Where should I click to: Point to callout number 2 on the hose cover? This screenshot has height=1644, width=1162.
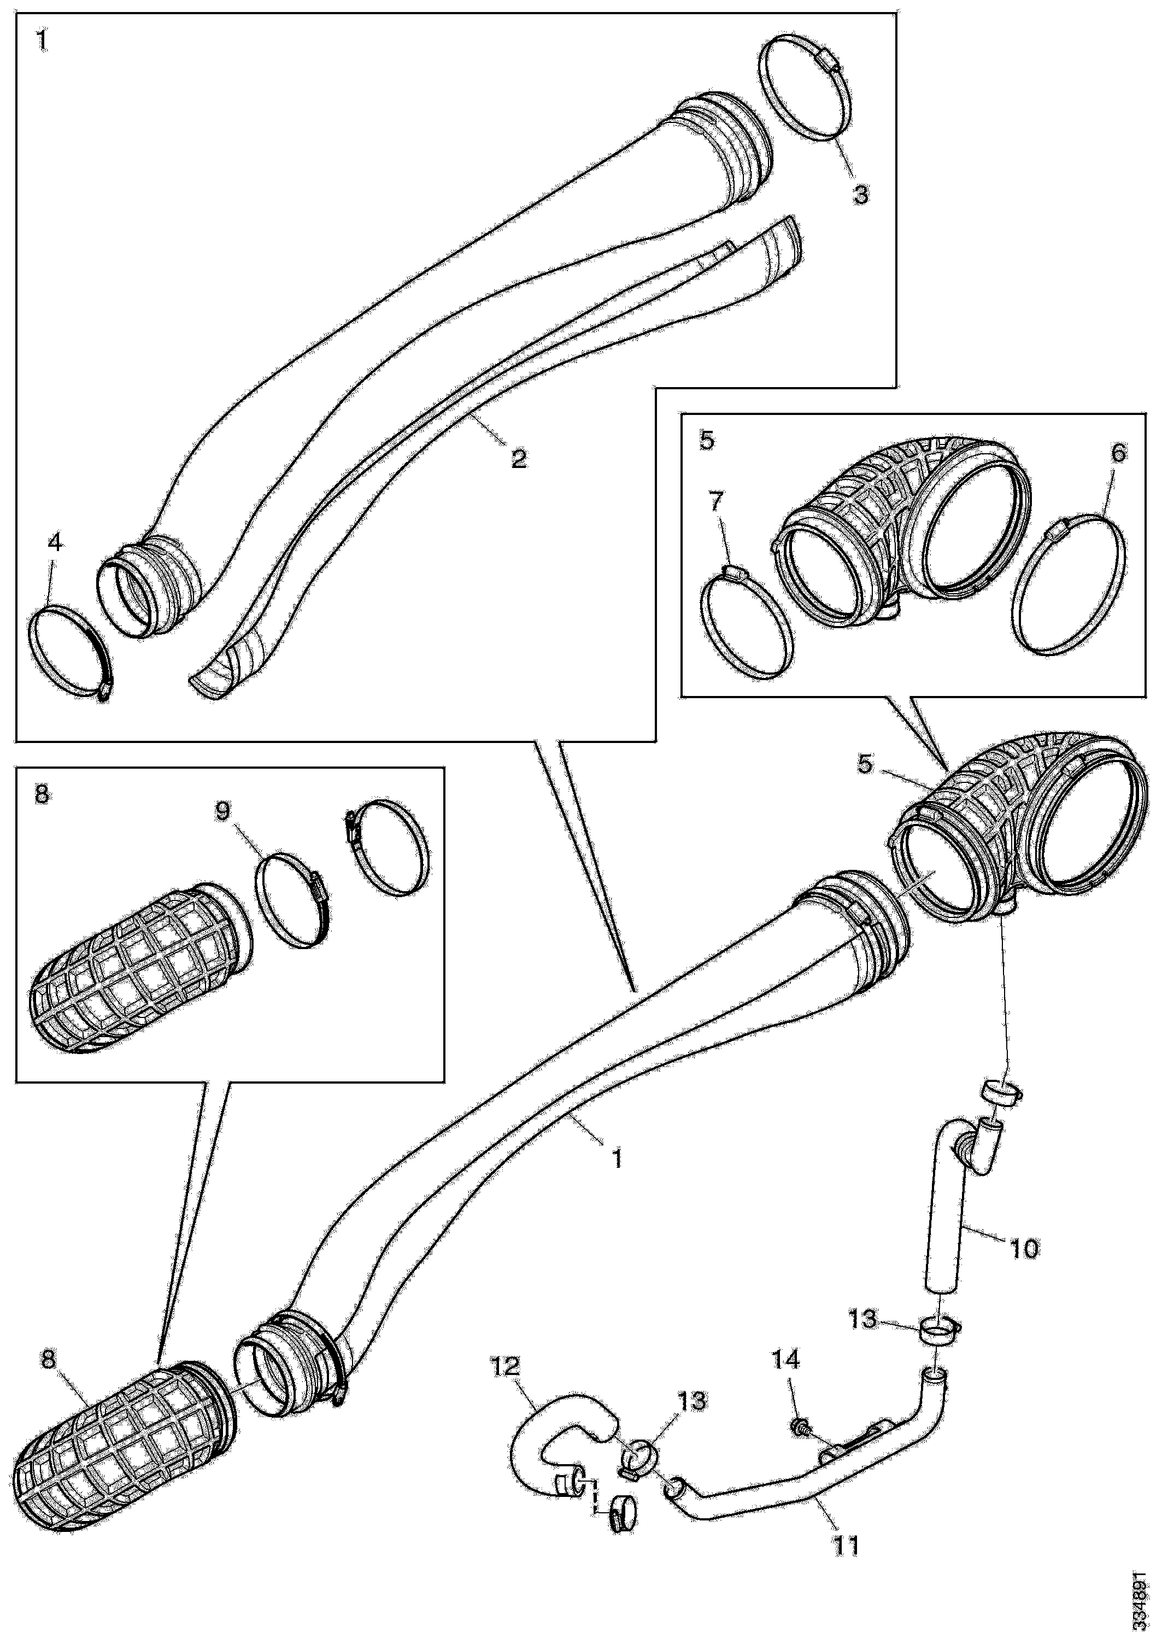pos(518,458)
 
